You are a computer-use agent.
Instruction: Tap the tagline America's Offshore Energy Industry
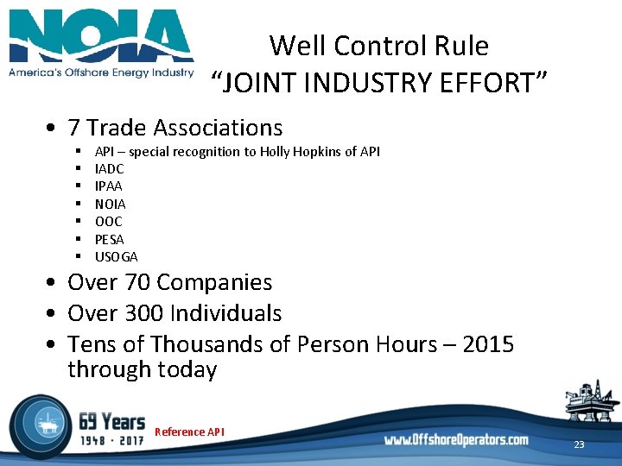(x=101, y=72)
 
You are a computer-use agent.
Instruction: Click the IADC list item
(x=110, y=169)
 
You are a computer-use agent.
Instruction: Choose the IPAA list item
(x=109, y=186)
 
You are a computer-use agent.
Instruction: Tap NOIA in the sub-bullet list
(x=111, y=205)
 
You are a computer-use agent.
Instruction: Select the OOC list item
(x=109, y=222)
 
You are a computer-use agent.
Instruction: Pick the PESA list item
(x=110, y=239)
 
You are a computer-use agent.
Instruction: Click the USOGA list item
(x=117, y=256)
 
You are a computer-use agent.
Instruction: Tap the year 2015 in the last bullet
(x=488, y=344)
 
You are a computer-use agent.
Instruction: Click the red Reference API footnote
(x=189, y=431)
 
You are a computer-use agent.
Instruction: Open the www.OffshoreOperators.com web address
(x=456, y=440)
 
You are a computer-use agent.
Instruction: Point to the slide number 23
(x=579, y=445)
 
